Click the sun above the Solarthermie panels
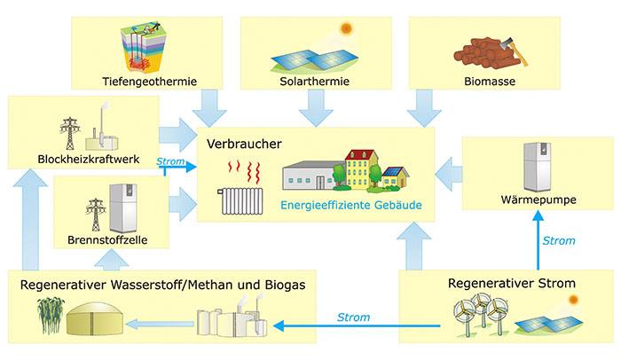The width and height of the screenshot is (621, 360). coord(346,28)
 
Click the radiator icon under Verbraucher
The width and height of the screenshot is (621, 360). coord(245,202)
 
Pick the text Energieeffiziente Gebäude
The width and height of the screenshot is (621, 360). coord(350,205)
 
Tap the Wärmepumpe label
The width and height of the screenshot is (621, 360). coord(539,200)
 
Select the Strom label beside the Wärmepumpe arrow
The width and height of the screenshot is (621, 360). coord(558,240)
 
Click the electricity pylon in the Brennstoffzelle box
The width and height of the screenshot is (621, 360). coord(95,213)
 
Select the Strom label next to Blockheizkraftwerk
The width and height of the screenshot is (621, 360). coord(170,162)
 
